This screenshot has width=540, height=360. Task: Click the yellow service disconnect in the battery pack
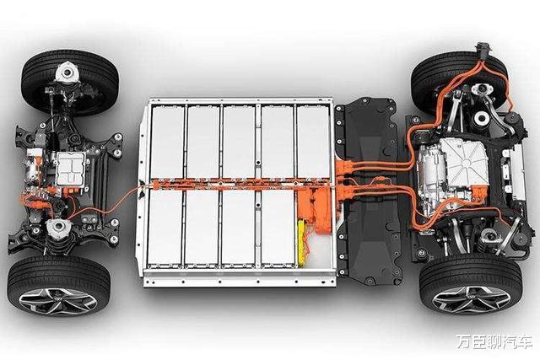click(x=302, y=243)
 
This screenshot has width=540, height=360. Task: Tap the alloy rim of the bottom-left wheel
click(x=57, y=301)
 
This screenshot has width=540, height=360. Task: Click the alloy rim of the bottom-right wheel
click(x=471, y=298)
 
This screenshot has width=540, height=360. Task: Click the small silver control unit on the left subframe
click(x=71, y=169)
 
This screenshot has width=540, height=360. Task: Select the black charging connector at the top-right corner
click(x=483, y=51)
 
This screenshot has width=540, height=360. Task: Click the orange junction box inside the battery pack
click(x=314, y=210)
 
